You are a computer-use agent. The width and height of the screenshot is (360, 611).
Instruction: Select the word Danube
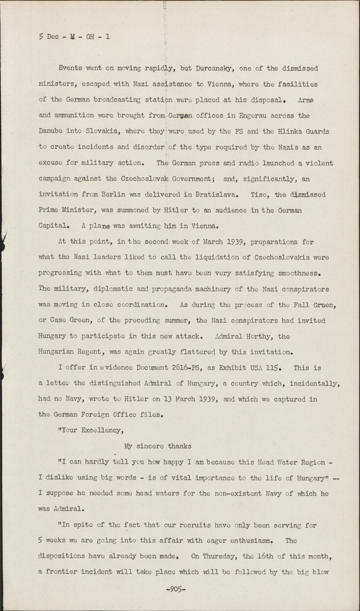coord(51,132)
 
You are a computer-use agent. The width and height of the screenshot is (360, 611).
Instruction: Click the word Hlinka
coord(281,132)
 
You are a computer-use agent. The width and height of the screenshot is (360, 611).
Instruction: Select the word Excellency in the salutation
coord(103,431)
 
